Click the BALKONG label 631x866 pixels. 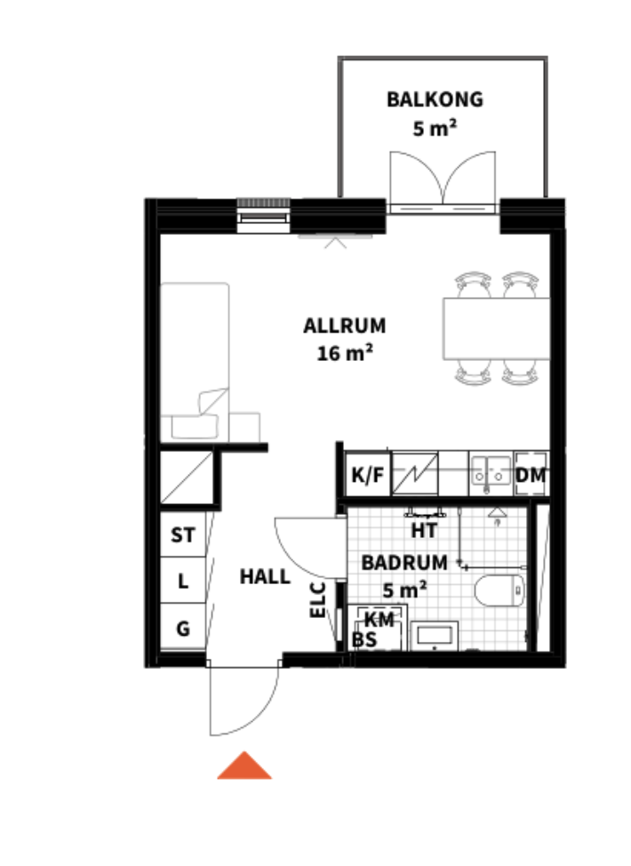click(435, 100)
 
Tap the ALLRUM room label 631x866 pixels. click(345, 325)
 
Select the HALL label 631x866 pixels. click(265, 577)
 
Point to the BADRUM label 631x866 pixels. click(404, 563)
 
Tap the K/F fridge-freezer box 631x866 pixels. click(367, 475)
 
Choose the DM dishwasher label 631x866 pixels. click(531, 475)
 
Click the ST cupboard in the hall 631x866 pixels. click(183, 534)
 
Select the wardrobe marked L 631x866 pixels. click(183, 581)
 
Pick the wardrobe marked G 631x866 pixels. click(183, 628)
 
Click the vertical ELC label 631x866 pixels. click(318, 600)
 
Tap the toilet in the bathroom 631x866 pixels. click(499, 590)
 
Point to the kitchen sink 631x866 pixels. click(491, 473)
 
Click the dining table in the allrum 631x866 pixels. click(496, 329)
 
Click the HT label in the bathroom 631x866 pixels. click(424, 531)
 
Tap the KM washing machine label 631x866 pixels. click(379, 620)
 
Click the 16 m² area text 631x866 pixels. click(345, 353)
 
